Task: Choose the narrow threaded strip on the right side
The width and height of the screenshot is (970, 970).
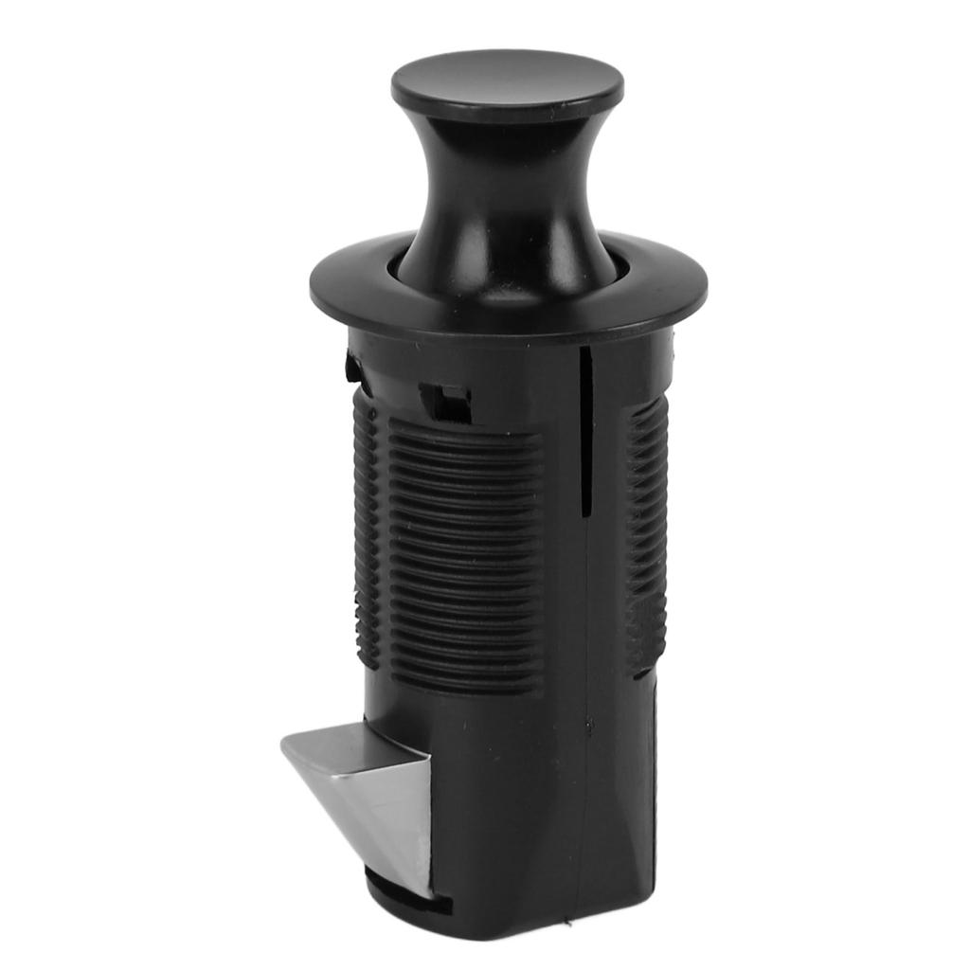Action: [647, 530]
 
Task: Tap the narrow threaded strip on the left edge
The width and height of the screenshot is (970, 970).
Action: [368, 530]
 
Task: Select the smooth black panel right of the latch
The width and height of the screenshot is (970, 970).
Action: [502, 815]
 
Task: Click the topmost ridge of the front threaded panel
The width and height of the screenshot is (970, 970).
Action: [464, 426]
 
